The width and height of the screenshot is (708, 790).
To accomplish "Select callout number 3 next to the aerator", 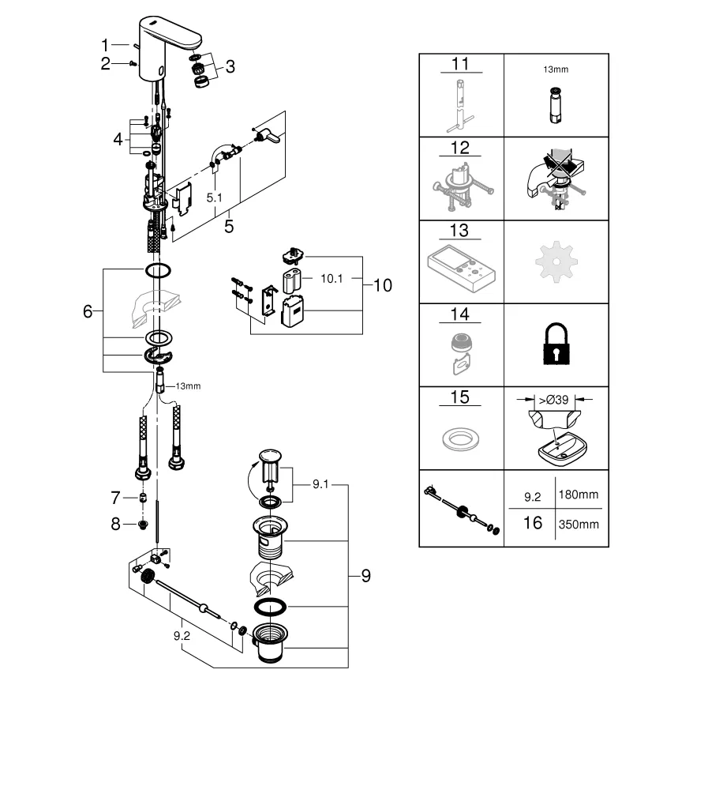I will (x=230, y=67).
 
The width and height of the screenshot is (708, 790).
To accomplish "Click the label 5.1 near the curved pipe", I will (x=214, y=198).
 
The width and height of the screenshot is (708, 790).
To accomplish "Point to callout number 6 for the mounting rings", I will (x=88, y=311).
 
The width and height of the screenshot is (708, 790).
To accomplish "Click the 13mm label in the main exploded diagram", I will (x=188, y=386).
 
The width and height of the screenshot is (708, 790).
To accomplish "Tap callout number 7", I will (x=115, y=498).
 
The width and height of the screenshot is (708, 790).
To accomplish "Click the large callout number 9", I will (x=365, y=576).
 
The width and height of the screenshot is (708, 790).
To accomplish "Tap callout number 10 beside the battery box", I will (x=382, y=285).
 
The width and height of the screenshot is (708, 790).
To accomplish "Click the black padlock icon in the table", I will (x=556, y=345).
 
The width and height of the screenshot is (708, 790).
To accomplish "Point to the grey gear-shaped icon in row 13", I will (x=556, y=261).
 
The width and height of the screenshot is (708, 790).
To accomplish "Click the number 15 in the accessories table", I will (x=460, y=397).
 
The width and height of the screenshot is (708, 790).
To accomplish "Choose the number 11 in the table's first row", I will (x=460, y=63).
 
